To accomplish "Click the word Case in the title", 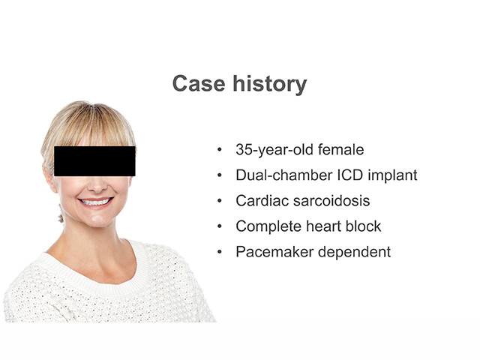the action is point(199,83).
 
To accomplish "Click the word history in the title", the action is point(270,84).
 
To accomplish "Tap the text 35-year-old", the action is point(274,150).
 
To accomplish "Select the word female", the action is point(341,149).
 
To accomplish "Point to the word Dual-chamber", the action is point(284,175).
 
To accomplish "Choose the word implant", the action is point(392,175).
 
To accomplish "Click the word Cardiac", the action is point(262,201).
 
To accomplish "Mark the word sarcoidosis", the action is point(331,201).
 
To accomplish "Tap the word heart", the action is point(323,226).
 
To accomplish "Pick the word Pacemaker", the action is point(274,252).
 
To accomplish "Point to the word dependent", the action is point(355,253).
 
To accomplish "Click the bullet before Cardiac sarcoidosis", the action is point(219,201).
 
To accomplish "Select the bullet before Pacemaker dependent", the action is point(219,252).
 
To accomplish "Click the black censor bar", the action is point(94,161).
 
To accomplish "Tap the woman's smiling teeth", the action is point(95,202).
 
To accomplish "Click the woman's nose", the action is point(97,184).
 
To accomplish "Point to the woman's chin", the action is point(97,219).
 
